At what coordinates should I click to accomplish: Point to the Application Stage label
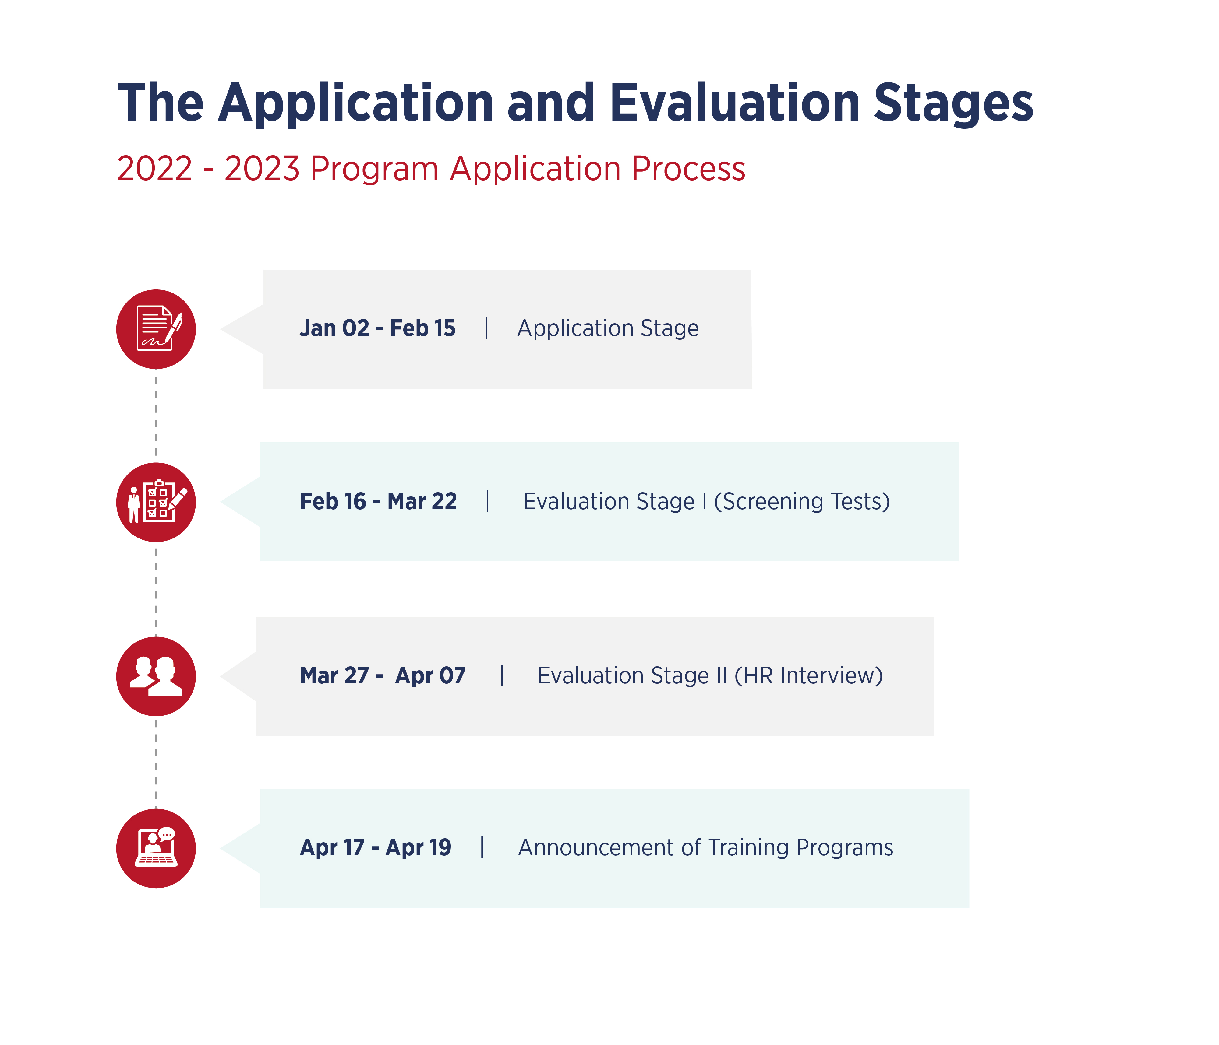point(608,328)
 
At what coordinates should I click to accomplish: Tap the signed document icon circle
point(156,329)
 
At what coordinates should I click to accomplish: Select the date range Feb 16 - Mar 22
point(378,502)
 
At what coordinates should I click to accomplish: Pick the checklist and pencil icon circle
point(156,502)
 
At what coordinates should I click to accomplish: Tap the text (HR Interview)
point(808,676)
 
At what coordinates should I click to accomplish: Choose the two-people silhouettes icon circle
point(156,676)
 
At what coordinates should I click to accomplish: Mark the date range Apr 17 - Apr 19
point(375,847)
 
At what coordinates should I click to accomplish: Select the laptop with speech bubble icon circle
point(156,849)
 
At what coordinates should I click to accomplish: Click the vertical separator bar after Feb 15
point(486,328)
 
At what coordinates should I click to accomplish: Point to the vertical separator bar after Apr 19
point(482,847)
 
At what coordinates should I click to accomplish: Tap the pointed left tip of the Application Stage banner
point(221,329)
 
